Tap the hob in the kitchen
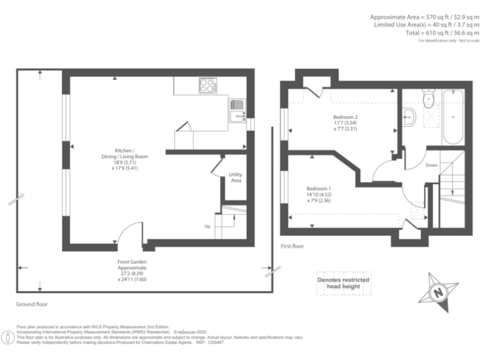[207, 85]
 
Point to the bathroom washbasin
[409, 116]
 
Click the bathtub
[452, 116]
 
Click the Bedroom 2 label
[345, 124]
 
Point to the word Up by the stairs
[207, 226]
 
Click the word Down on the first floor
[432, 166]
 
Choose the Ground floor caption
[32, 304]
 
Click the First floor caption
[292, 246]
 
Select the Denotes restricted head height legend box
[343, 284]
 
